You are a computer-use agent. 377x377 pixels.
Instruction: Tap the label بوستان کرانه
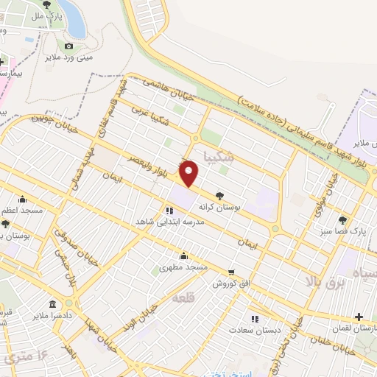click(219, 208)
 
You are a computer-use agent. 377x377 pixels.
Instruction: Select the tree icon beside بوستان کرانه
click(219, 196)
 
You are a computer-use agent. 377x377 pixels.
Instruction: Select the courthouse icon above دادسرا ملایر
click(52, 303)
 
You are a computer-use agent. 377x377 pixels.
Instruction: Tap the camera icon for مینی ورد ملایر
click(68, 46)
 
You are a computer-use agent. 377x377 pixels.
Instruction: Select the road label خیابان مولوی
click(324, 195)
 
